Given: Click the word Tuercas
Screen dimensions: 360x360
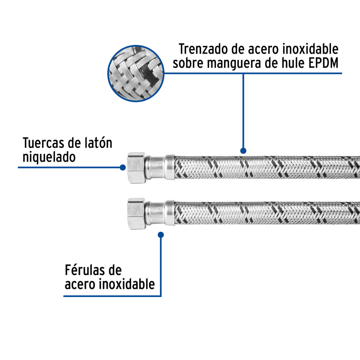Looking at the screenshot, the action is point(44,143).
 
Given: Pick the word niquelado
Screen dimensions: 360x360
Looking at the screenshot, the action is point(49,157).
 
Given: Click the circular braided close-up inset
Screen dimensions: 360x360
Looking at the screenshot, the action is point(136,73).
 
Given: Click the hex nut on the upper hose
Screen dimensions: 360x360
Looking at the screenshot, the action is point(136,168).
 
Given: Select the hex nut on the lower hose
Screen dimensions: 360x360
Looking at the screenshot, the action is point(136,213).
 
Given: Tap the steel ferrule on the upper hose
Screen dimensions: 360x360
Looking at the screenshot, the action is point(160,167).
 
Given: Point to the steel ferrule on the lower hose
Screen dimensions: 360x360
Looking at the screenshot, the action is point(160,213).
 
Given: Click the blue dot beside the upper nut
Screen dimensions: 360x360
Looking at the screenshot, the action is point(123,168).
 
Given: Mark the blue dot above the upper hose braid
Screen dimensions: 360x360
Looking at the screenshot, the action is point(243,150).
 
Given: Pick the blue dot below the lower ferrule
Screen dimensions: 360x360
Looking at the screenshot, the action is point(161,235).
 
